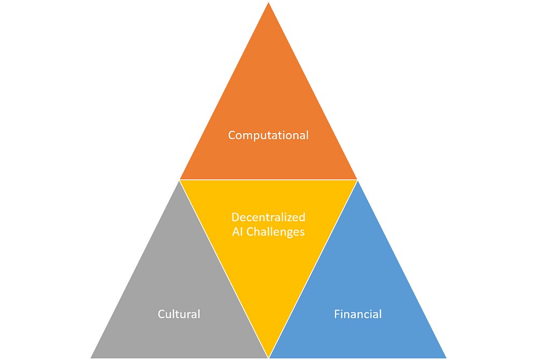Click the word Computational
268,135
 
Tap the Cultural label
179,314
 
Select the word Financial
358,314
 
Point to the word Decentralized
268,217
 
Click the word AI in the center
238,232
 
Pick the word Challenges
275,232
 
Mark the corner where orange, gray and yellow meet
180,180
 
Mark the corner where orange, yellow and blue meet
357,180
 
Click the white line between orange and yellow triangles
268,180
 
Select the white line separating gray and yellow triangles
224,268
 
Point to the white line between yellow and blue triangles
313,268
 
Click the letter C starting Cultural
161,314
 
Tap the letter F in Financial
337,314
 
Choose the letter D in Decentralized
235,217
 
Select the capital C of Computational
232,135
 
